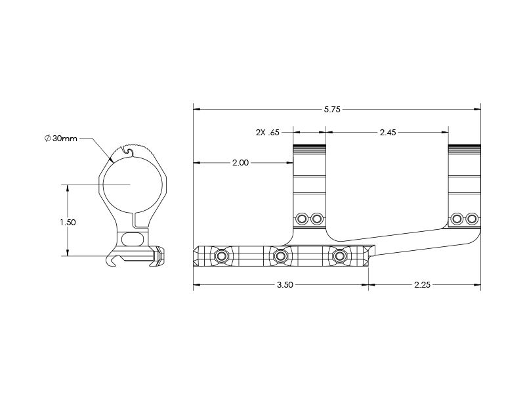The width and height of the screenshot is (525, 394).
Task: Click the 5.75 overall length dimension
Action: coord(332,109)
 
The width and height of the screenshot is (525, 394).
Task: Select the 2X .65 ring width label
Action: coord(268,133)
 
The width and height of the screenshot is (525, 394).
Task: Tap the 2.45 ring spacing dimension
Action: coord(388,133)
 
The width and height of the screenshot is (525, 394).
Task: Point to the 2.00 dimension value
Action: coord(240,163)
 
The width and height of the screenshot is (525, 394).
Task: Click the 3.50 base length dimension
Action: coord(285,285)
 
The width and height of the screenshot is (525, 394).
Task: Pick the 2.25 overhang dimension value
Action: coord(422,285)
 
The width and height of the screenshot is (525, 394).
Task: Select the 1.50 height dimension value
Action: coord(68,222)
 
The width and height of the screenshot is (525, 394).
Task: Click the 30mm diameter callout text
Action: coord(64,139)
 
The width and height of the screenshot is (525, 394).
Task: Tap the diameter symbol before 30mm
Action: coord(47,138)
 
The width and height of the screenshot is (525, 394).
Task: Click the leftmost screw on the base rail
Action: coord(221,257)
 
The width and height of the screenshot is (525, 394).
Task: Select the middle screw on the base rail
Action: coord(280,257)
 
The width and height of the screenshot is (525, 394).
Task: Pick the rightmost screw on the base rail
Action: coord(339,257)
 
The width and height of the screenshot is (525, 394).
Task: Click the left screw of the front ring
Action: coord(302,219)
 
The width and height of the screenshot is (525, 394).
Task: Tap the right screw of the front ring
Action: coord(316,219)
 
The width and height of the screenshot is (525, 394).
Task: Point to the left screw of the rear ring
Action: coord(456,219)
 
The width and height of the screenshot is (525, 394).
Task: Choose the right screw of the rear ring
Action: coord(471,219)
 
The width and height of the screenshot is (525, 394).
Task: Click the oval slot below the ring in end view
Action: coord(133,239)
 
